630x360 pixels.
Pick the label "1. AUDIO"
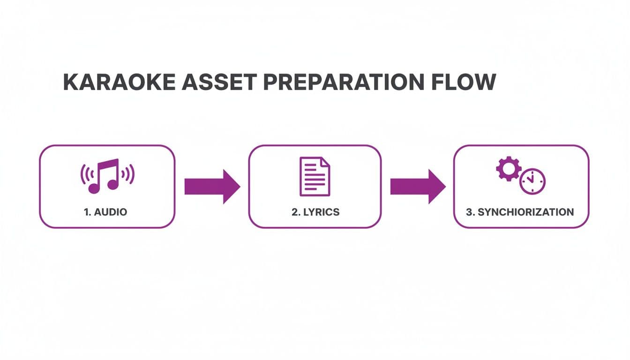click(105, 212)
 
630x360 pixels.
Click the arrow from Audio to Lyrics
click(212, 186)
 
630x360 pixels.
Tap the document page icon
click(315, 176)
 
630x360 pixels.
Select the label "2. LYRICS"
click(315, 212)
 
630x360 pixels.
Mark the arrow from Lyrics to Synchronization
click(418, 186)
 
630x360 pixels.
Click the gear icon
click(508, 169)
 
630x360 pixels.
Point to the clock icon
click(532, 180)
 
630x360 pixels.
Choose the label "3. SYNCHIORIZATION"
click(520, 212)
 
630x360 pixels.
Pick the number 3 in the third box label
click(469, 212)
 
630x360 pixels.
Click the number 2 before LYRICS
click(294, 212)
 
